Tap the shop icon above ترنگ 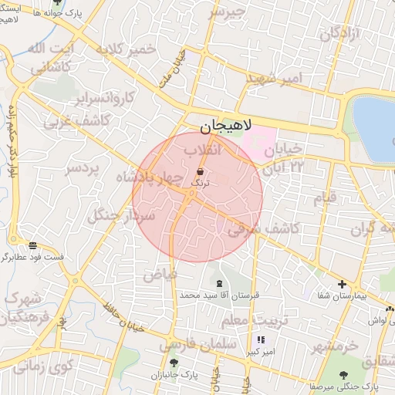(x=201, y=171)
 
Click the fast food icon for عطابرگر (x=32, y=245)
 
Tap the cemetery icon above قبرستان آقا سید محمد (x=221, y=284)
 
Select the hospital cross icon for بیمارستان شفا (x=342, y=285)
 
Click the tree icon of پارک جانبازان (x=174, y=362)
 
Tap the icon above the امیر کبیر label (x=261, y=339)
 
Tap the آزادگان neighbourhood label (x=340, y=33)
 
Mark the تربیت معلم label (x=254, y=319)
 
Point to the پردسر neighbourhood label (x=83, y=168)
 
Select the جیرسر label (x=227, y=12)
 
